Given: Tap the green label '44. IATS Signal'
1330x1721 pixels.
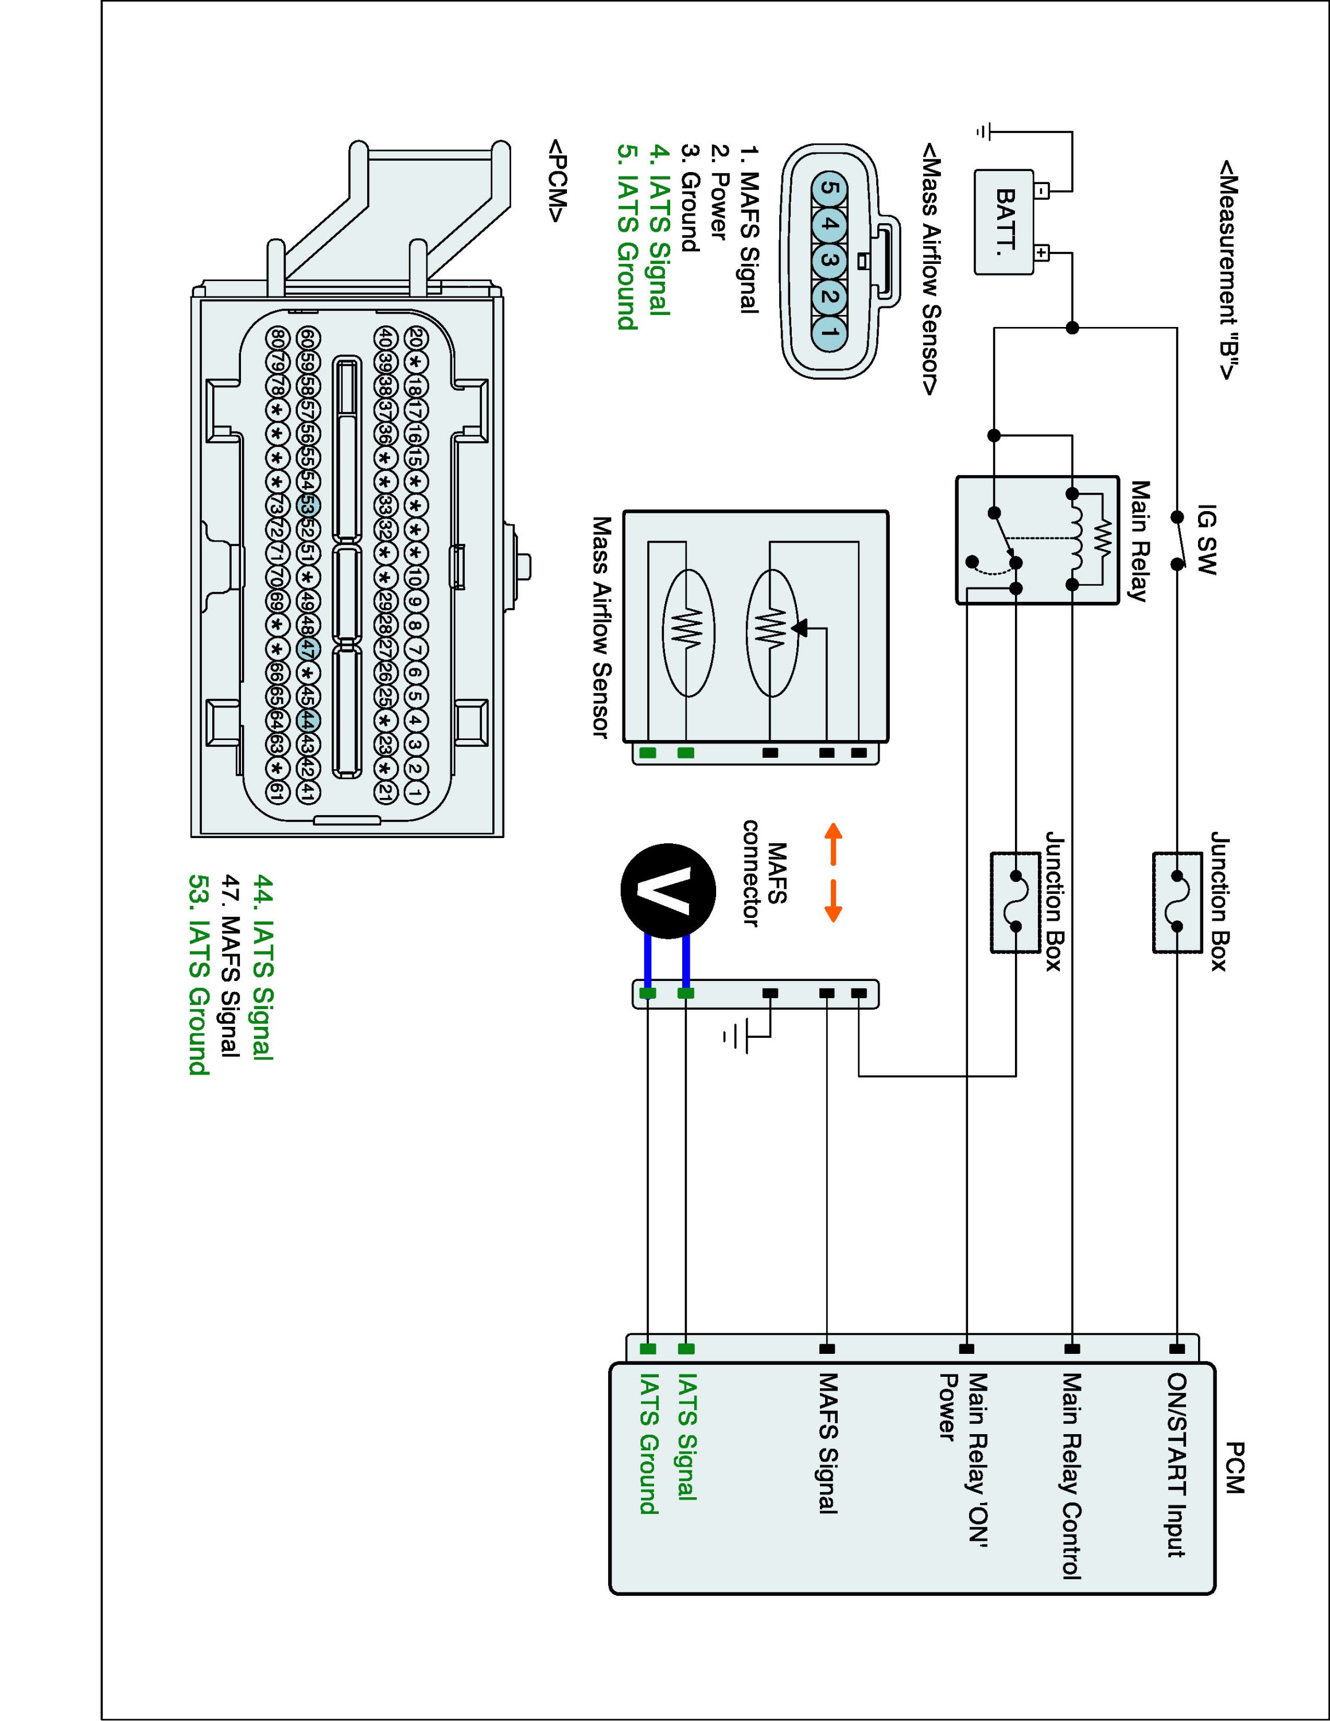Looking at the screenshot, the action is pos(262,966).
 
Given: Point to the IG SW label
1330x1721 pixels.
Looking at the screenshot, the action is pos(1206,540).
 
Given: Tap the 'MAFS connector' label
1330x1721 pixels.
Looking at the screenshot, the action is pos(764,873).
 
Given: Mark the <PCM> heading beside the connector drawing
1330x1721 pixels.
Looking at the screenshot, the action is pos(557,182).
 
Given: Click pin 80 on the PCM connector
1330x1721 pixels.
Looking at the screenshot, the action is pos(277,337).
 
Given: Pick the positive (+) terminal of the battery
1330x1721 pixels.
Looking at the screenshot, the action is pos(1041,253).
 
